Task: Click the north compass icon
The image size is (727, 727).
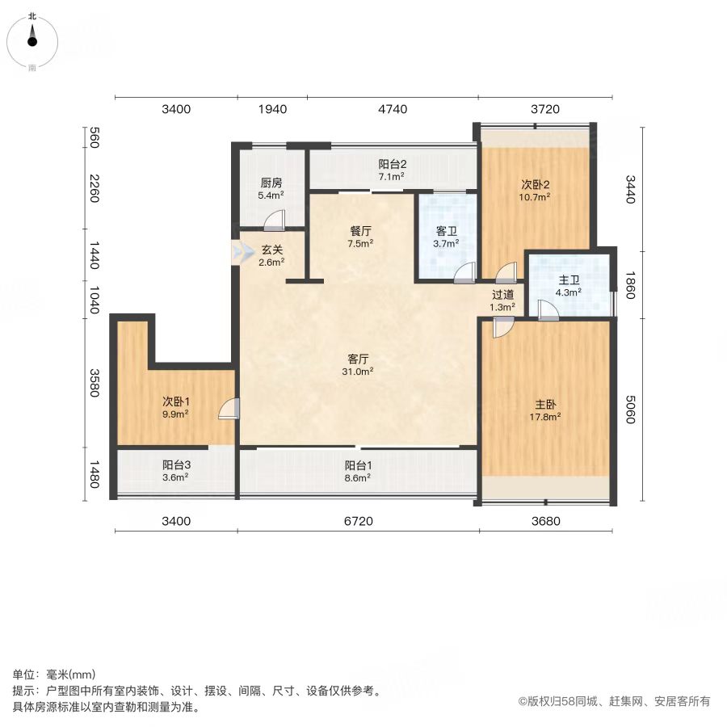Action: (x=32, y=42)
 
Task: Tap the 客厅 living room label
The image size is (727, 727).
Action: (x=358, y=359)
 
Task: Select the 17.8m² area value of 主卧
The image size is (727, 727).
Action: (x=545, y=417)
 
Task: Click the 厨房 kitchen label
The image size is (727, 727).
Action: (x=271, y=183)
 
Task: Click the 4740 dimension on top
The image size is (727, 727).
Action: (x=393, y=109)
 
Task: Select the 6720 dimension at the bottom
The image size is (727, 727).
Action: (x=359, y=521)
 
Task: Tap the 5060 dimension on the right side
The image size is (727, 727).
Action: (x=629, y=410)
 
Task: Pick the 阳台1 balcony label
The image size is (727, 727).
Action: (x=358, y=465)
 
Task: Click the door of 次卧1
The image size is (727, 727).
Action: (x=229, y=409)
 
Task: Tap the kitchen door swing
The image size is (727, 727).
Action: (x=275, y=221)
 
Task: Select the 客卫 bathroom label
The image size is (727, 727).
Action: (x=447, y=231)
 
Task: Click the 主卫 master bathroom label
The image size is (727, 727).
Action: (x=569, y=280)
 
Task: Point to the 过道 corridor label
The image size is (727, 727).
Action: (x=502, y=294)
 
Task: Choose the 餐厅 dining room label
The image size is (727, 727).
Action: (x=360, y=231)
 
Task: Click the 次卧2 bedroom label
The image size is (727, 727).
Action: (x=535, y=184)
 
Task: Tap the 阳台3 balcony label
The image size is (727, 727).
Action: (x=176, y=464)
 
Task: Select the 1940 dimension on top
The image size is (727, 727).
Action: (x=273, y=109)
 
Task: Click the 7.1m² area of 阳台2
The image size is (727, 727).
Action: (x=392, y=176)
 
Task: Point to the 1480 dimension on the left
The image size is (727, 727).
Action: (x=95, y=474)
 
